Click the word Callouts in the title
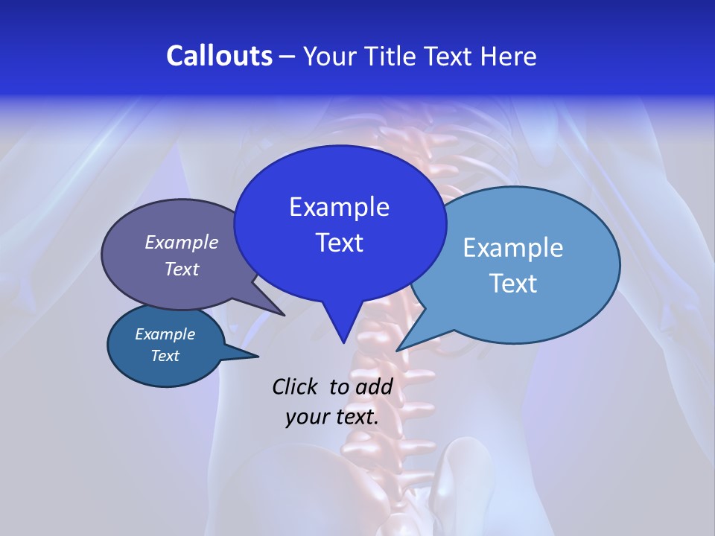pyautogui.click(x=219, y=56)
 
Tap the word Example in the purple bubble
pyautogui.click(x=182, y=242)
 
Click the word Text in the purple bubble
pyautogui.click(x=182, y=269)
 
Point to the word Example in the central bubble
pyautogui.click(x=339, y=207)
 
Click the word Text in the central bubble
pyautogui.click(x=339, y=243)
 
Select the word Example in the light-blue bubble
pyautogui.click(x=513, y=248)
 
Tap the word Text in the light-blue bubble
pyautogui.click(x=513, y=284)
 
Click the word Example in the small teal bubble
pyautogui.click(x=165, y=334)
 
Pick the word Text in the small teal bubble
pyautogui.click(x=165, y=356)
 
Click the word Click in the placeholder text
pyautogui.click(x=296, y=386)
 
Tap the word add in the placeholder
pyautogui.click(x=374, y=386)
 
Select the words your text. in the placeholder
pyautogui.click(x=332, y=417)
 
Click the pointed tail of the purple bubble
pyautogui.click(x=283, y=314)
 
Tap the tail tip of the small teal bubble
pyautogui.click(x=257, y=356)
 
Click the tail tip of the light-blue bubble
pyautogui.click(x=398, y=349)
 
